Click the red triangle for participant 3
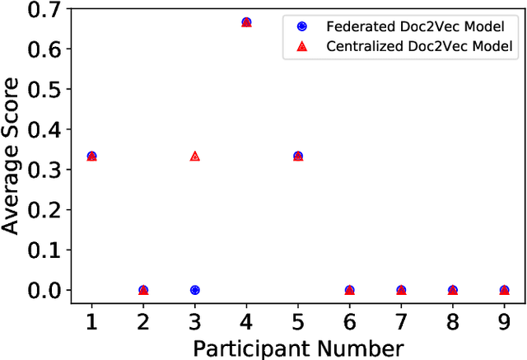pos(195,156)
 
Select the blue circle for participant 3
pos(195,290)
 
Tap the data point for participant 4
pos(246,22)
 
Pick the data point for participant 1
pos(91,156)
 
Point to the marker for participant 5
pos(298,156)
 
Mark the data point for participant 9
pos(504,290)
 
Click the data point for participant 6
pos(349,290)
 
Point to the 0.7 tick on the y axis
pos(42,11)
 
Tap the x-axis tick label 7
pos(401,319)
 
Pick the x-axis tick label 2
pos(143,319)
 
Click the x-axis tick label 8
pos(452,319)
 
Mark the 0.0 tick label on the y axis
pos(42,290)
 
